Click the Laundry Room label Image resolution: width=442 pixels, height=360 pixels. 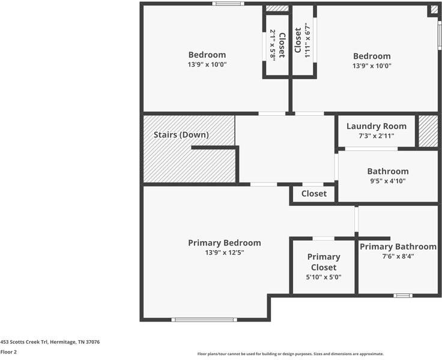point(376,126)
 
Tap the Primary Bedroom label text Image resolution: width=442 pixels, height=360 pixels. point(224,243)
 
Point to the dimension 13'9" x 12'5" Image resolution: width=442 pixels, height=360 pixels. point(224,253)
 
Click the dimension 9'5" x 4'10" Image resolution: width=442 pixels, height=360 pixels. point(387,181)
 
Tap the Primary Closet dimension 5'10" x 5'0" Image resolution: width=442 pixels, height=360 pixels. point(323,277)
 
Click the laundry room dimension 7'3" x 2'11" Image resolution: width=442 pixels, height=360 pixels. point(376,136)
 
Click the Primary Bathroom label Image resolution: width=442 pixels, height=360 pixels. point(398,247)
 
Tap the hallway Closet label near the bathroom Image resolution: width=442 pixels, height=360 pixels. point(313,194)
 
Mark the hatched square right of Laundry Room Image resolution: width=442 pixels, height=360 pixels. point(428,131)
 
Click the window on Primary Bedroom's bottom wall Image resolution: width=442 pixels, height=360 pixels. point(204,319)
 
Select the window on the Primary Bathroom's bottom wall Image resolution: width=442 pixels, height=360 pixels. point(402,295)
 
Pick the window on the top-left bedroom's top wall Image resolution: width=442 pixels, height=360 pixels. point(228,4)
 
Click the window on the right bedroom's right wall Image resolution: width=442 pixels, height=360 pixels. point(440,35)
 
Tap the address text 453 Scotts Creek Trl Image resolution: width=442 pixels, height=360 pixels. point(50,342)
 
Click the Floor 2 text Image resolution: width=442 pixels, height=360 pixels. point(8,352)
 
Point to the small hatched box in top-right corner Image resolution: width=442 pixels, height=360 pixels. point(433,10)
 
